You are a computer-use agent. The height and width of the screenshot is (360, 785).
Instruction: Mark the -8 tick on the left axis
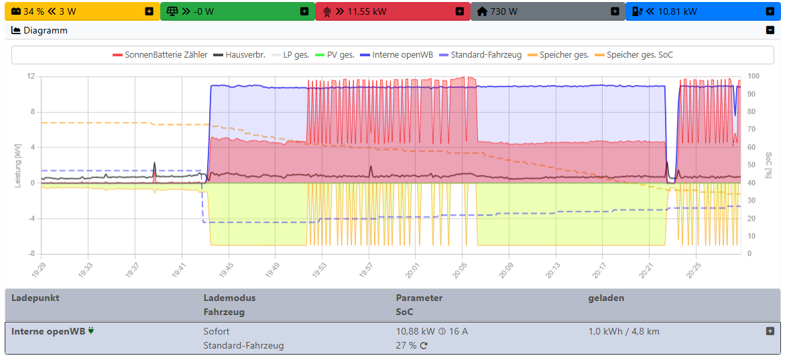pos(30,254)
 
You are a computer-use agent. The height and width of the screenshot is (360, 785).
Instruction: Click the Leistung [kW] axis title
pos(19,165)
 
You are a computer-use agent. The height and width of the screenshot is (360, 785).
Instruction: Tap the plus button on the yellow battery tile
pos(149,11)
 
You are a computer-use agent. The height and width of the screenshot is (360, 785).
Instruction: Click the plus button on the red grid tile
pos(459,11)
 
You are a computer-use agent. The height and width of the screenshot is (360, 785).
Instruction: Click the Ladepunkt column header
pos(36,298)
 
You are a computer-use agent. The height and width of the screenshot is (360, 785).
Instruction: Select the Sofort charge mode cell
pos(217,331)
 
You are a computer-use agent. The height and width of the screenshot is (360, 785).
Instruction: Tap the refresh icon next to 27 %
pos(424,346)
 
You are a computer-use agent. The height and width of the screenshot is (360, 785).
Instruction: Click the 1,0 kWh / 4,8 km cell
pos(623,331)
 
